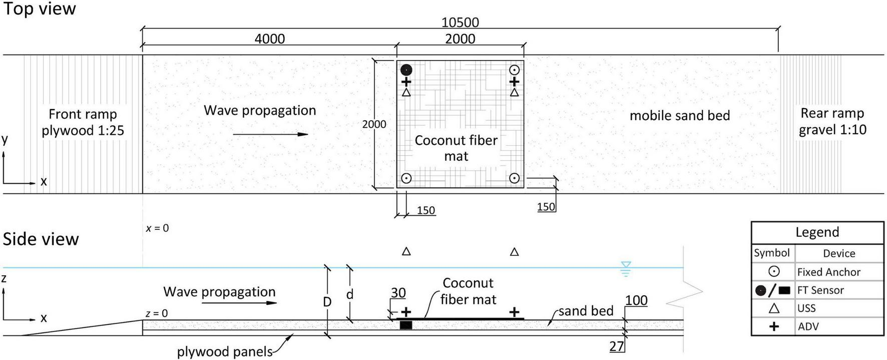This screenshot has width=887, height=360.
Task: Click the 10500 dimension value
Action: (x=460, y=23)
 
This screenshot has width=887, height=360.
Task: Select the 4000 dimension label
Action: (x=270, y=39)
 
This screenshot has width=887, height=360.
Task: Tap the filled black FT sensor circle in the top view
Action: (x=406, y=70)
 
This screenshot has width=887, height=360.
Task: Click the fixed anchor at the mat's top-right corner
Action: (x=514, y=70)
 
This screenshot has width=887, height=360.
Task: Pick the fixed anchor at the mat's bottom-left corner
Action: (x=406, y=178)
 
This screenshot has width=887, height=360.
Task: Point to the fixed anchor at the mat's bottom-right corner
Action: (x=514, y=178)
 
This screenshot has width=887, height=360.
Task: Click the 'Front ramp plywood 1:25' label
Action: (x=83, y=122)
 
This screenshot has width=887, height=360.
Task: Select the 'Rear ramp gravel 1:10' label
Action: (x=832, y=121)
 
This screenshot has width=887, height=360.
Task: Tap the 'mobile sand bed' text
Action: (x=679, y=116)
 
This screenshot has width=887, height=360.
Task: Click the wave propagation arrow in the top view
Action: (x=270, y=134)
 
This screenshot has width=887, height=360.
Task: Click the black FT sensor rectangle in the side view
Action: (x=406, y=325)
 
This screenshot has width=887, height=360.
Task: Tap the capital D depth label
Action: (x=327, y=302)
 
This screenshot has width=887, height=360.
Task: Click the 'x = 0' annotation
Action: (x=157, y=228)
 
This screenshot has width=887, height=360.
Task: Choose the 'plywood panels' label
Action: (x=224, y=352)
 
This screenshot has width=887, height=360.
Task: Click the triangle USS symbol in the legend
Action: (x=774, y=308)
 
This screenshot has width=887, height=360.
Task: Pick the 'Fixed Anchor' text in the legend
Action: (x=828, y=272)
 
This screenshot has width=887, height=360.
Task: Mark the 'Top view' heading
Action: (x=39, y=9)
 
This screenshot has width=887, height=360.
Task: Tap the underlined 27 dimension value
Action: (x=617, y=346)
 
